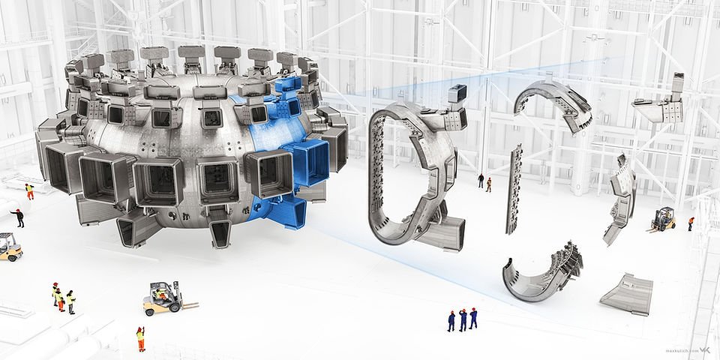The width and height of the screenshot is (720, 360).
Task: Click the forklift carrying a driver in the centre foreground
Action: click(x=162, y=297)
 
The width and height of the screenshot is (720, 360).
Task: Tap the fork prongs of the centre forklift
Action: click(x=189, y=306)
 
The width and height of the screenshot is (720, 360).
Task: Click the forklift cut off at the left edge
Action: click(x=9, y=247)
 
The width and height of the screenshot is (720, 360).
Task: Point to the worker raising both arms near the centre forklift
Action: click(x=140, y=339)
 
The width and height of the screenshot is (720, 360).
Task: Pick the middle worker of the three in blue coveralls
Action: click(x=463, y=319)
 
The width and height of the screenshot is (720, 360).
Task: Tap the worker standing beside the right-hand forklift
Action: click(x=691, y=223)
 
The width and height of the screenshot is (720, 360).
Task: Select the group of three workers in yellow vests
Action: click(x=63, y=298)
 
